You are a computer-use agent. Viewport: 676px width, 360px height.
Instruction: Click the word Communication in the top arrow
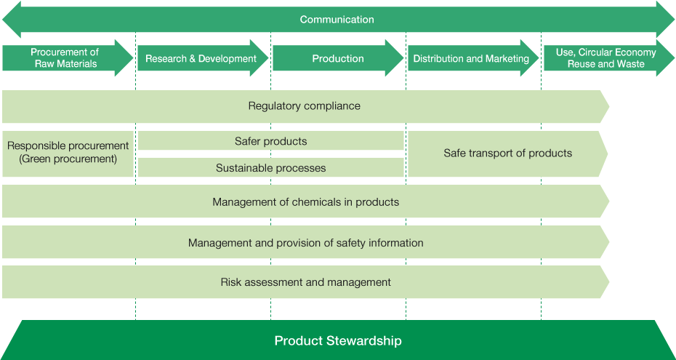337,20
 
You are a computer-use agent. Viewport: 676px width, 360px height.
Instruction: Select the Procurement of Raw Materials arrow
68,58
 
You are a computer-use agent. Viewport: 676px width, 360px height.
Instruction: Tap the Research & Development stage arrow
203,58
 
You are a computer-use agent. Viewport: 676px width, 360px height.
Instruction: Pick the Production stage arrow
338,58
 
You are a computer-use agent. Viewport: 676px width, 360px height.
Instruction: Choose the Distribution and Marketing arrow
473,58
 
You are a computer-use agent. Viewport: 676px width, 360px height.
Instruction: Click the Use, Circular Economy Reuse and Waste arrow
608,58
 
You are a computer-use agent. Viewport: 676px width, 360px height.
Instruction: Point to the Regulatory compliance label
305,106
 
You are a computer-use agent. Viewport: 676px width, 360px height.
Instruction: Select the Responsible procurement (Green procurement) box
68,154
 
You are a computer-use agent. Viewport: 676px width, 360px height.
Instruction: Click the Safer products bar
270,140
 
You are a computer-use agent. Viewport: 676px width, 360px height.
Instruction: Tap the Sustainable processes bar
270,167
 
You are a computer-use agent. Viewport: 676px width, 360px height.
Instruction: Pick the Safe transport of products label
508,153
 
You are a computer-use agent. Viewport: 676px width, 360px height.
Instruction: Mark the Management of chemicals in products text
306,201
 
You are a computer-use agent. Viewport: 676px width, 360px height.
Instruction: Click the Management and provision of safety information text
306,243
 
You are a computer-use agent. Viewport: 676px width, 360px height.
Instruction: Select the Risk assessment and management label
306,282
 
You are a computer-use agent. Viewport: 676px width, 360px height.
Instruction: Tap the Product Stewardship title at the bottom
338,341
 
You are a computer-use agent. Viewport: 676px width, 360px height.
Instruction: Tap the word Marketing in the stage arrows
507,59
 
